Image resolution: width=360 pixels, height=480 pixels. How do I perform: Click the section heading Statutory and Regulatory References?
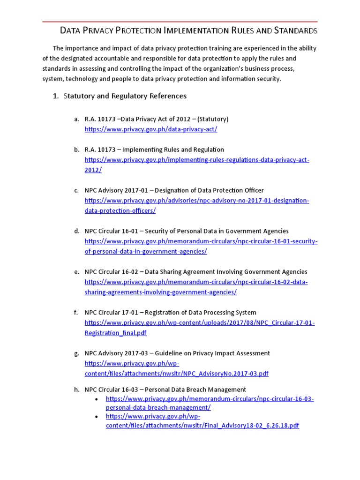[x=125, y=96]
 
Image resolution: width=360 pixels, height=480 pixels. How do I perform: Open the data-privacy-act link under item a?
[x=151, y=129]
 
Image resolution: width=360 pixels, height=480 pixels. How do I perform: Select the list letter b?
[x=76, y=150]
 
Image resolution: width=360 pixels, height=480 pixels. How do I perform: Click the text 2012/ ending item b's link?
[x=93, y=170]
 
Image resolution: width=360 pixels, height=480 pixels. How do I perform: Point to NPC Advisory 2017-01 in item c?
[x=116, y=190]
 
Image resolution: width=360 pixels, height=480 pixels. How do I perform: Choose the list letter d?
[x=76, y=231]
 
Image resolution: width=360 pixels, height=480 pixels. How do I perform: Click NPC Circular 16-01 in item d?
[x=112, y=231]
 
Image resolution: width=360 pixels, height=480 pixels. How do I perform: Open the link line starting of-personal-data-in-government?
[x=146, y=251]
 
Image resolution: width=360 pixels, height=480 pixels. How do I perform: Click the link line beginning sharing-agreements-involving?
[x=161, y=292]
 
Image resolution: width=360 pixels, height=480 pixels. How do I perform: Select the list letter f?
[x=76, y=313]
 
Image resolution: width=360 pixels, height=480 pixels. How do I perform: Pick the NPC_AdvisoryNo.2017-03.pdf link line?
[x=177, y=374]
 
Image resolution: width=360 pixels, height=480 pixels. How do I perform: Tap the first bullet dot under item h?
[x=97, y=399]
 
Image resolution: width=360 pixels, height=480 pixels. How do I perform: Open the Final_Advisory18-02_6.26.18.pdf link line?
[x=202, y=426]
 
